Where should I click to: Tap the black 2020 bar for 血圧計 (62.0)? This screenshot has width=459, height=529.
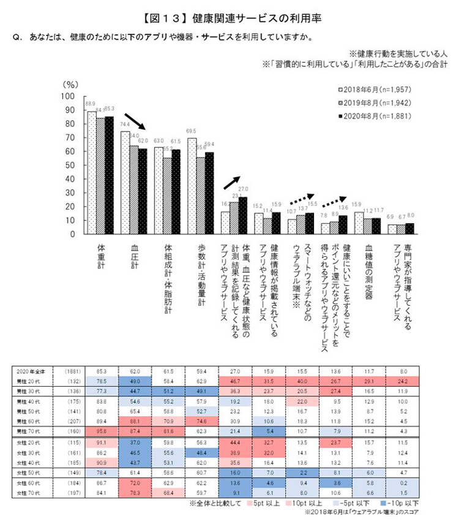pos(143,191)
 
